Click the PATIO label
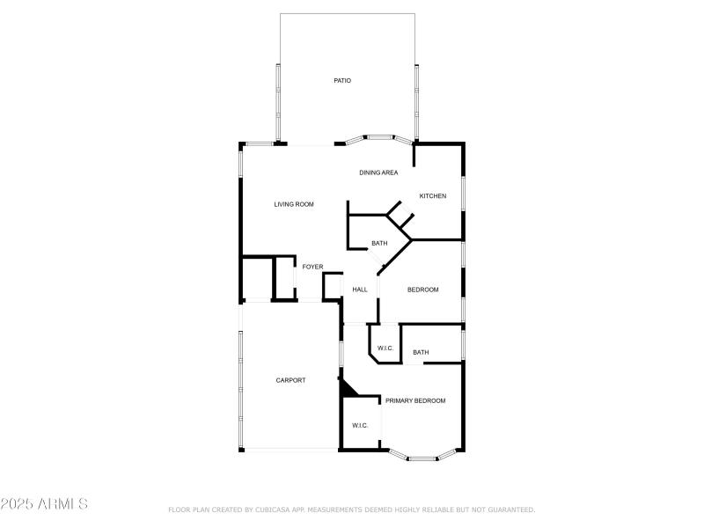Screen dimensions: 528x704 pyautogui.click(x=342, y=81)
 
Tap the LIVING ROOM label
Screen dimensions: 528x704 pyautogui.click(x=294, y=204)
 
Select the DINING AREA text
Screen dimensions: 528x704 pyautogui.click(x=378, y=172)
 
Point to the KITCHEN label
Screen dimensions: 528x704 pyautogui.click(x=432, y=195)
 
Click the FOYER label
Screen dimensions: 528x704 pyautogui.click(x=313, y=267)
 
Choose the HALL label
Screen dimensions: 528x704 pyautogui.click(x=359, y=290)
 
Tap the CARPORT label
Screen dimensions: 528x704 pyautogui.click(x=290, y=380)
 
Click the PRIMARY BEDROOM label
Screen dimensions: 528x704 pyautogui.click(x=415, y=400)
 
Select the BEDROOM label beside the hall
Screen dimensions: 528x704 pyautogui.click(x=422, y=290)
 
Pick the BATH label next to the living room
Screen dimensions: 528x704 pyautogui.click(x=379, y=244)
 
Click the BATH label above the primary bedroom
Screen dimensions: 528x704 pyautogui.click(x=421, y=353)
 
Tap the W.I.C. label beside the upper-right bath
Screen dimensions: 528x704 pyautogui.click(x=385, y=348)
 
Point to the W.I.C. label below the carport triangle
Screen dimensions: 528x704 pyautogui.click(x=360, y=426)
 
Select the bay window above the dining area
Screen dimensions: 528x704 pyautogui.click(x=378, y=137)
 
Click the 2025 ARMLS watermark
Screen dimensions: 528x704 pyautogui.click(x=44, y=504)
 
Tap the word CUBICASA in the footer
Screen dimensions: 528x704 pyautogui.click(x=272, y=510)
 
